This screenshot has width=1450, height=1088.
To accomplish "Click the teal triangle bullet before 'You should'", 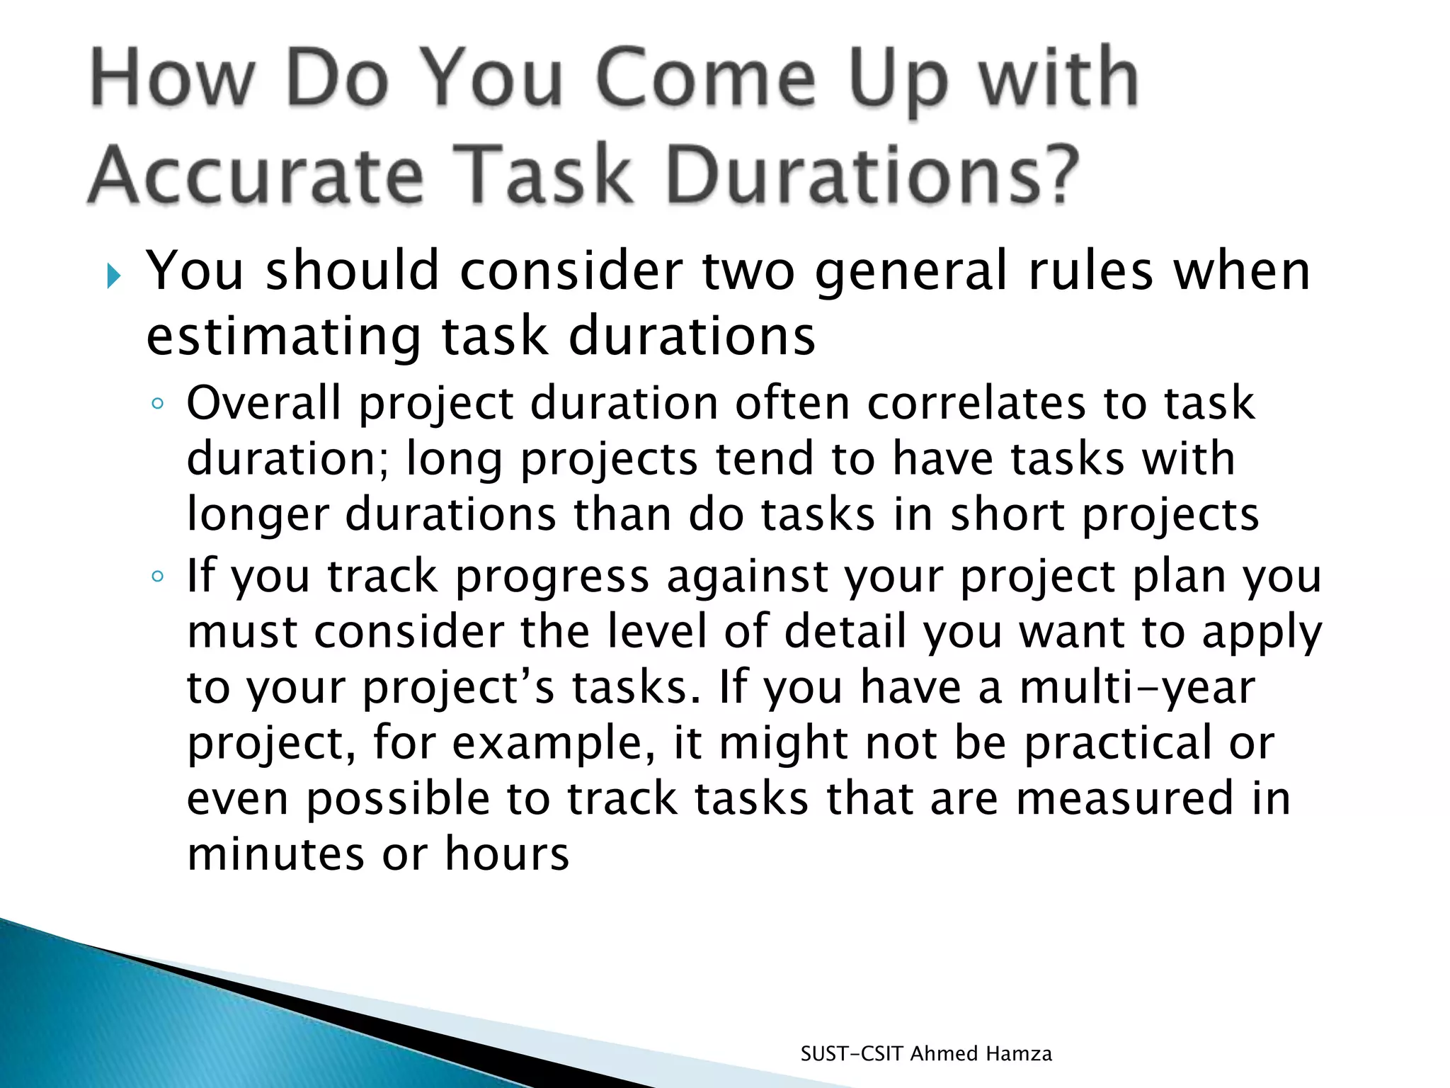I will (114, 275).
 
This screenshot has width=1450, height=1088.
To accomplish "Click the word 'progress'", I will (552, 577).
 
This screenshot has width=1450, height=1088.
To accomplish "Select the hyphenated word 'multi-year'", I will (1137, 687).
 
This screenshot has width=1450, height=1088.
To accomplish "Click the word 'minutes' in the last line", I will (275, 854).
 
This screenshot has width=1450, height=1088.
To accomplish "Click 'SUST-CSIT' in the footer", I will (852, 1054).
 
